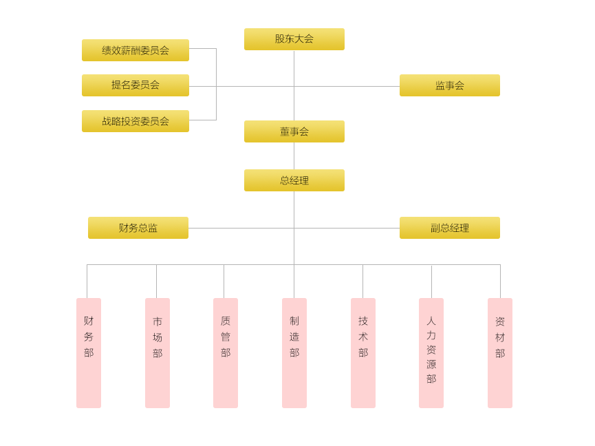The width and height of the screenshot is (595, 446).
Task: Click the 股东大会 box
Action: [x=294, y=39]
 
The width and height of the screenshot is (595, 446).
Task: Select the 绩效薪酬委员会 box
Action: [x=135, y=50]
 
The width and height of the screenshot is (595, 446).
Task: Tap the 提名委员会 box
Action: [x=135, y=85]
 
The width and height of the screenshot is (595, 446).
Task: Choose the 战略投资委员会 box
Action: [x=135, y=121]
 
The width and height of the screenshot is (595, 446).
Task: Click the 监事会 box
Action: [x=449, y=85]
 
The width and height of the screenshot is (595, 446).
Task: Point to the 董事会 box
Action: [x=294, y=131]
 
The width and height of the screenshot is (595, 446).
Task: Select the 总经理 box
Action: [x=294, y=180]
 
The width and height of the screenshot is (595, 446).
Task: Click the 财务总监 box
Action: [x=138, y=228]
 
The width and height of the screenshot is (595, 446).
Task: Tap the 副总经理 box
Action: [x=449, y=228]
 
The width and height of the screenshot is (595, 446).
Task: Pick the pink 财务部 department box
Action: [x=88, y=352]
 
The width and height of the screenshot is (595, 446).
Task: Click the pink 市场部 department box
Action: [x=157, y=352]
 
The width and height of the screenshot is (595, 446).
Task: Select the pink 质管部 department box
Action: [x=225, y=352]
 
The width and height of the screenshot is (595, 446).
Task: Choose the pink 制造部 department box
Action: [x=294, y=352]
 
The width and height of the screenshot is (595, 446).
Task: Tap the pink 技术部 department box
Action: [x=363, y=352]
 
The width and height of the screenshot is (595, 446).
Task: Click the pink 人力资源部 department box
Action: [x=431, y=352]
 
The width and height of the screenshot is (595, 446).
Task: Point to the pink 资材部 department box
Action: [x=499, y=352]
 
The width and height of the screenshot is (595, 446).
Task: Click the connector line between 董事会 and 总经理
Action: [x=294, y=156]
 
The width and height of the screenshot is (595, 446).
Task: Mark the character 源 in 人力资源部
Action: [x=431, y=364]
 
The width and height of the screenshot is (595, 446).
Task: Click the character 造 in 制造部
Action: [x=294, y=337]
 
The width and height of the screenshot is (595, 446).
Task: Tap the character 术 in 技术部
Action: [x=363, y=337]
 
